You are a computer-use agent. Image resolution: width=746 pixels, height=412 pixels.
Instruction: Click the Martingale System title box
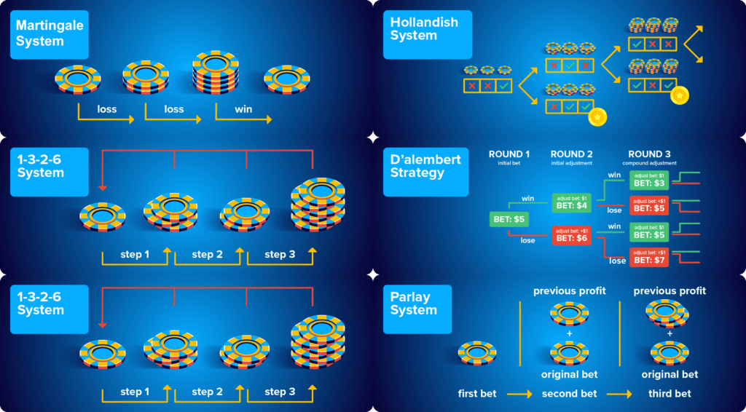50,34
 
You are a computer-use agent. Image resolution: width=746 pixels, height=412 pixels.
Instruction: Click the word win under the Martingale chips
244,109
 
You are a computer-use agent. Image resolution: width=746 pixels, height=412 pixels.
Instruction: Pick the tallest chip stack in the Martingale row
216,74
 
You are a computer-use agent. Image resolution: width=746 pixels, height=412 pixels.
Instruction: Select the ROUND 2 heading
572,154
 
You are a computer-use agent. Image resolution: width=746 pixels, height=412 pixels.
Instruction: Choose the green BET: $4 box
572,202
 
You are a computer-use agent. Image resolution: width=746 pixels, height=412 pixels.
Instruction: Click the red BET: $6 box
572,234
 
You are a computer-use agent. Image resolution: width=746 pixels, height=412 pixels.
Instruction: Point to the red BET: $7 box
648,257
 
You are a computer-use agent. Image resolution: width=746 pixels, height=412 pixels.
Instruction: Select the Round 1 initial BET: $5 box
510,218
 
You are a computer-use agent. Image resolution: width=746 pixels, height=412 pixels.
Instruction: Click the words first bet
478,394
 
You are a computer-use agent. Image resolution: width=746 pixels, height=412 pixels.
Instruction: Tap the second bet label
570,394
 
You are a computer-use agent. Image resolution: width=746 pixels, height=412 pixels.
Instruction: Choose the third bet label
670,394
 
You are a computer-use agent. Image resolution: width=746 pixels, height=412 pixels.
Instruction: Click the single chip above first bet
478,353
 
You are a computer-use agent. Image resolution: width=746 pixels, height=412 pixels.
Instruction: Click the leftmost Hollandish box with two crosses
487,86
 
